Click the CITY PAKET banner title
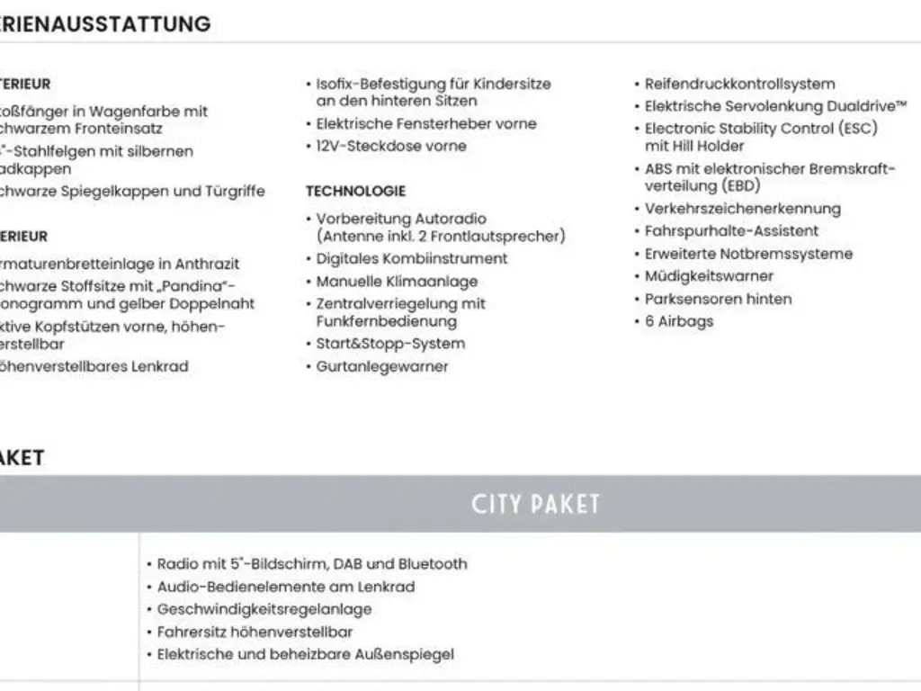click(534, 504)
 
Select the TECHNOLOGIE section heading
click(355, 191)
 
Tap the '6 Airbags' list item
click(679, 321)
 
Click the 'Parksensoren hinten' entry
click(718, 299)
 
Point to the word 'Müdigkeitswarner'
click(709, 276)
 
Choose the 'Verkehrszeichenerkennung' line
click(742, 209)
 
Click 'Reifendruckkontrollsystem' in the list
click(739, 84)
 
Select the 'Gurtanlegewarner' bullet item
click(381, 366)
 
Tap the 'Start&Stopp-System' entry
click(390, 344)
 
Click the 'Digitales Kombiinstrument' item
click(411, 258)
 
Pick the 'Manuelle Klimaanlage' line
click(397, 282)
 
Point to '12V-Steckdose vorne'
click(390, 146)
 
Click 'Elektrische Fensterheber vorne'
click(425, 123)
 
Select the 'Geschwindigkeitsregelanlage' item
click(264, 609)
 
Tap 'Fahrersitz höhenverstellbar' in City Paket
click(255, 632)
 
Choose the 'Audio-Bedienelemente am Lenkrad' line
click(285, 587)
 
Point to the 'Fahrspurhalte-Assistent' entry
click(731, 231)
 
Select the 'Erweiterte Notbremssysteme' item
click(748, 254)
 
